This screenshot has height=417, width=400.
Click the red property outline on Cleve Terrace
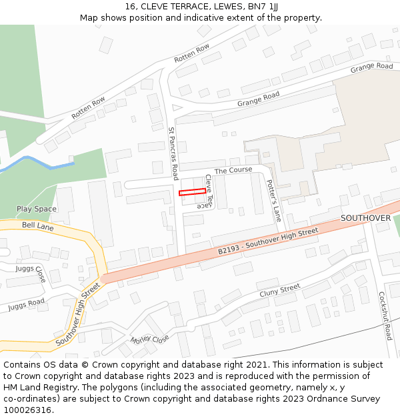pos(192,192)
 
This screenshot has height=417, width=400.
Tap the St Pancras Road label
pos(173,153)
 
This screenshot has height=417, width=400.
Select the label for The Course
pos(233,170)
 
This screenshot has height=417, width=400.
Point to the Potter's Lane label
pos(273,200)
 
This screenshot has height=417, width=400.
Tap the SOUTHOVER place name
pos(365,218)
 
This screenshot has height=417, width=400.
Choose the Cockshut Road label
pos(385,316)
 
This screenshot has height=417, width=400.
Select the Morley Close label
pos(149,339)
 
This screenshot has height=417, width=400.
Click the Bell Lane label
pos(37,226)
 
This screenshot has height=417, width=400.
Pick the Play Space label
pos(37,209)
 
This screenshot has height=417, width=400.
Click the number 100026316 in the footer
pos(29,410)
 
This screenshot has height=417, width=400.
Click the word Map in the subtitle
pos(89,18)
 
